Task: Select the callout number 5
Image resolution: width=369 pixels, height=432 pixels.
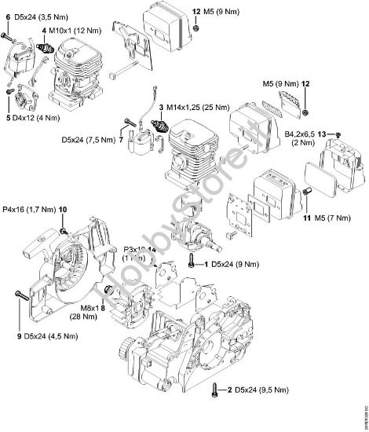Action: coord(5,119)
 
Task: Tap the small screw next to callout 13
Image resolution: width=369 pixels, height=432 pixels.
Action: coord(338,136)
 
